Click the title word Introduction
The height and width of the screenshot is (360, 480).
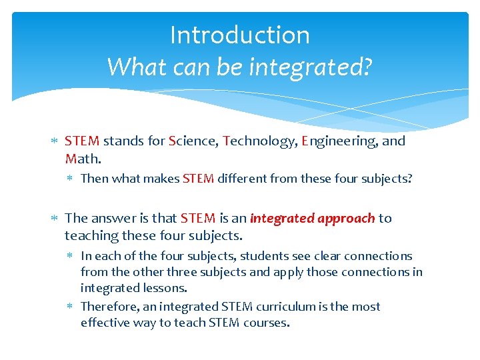click(x=240, y=35)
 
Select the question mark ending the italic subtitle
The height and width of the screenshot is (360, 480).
click(x=367, y=66)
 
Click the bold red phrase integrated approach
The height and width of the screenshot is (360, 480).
click(x=312, y=218)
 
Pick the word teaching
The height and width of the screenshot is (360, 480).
click(x=90, y=235)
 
